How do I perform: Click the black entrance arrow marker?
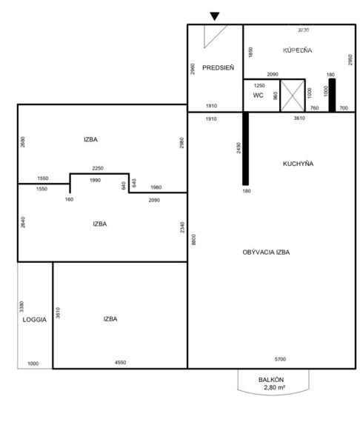tap(215, 16)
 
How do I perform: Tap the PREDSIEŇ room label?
tap(218, 68)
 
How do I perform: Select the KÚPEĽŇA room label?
tap(298, 50)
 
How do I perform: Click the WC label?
tap(258, 96)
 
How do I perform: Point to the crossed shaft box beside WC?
tap(293, 96)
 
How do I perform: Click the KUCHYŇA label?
tap(298, 164)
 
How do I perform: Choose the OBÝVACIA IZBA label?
tap(266, 252)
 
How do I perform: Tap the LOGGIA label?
tap(35, 320)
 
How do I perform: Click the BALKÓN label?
tap(271, 380)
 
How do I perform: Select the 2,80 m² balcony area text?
tap(274, 387)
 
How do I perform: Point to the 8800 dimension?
tap(194, 240)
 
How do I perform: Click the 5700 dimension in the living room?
tap(280, 359)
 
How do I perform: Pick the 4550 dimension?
tap(120, 363)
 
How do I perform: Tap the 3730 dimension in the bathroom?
tap(304, 30)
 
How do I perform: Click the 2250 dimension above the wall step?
tap(98, 168)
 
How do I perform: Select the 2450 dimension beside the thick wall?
tap(239, 148)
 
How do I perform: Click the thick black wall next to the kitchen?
tap(246, 149)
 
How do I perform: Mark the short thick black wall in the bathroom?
tap(333, 96)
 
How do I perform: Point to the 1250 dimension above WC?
tap(259, 86)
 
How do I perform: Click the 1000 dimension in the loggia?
tap(33, 364)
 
